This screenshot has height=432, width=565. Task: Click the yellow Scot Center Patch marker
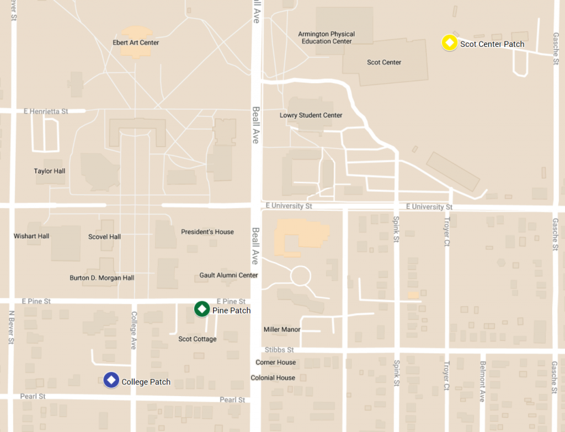click(x=450, y=43)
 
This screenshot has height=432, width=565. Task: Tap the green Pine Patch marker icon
click(x=202, y=309)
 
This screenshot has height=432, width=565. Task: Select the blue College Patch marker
click(x=111, y=380)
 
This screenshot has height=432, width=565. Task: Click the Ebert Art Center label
click(x=136, y=42)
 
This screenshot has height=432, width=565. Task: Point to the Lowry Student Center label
click(x=311, y=115)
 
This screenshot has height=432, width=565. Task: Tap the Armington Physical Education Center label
click(x=326, y=38)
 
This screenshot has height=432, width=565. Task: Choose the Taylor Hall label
click(x=50, y=171)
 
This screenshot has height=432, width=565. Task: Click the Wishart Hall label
click(x=31, y=236)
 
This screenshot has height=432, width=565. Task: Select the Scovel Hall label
click(x=104, y=237)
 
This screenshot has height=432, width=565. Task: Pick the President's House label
click(x=207, y=232)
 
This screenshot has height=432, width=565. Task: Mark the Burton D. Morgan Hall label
click(x=102, y=278)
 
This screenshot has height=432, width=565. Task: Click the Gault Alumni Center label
click(x=228, y=275)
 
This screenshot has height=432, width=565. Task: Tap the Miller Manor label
click(x=282, y=329)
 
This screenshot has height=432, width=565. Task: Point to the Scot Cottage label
click(x=198, y=339)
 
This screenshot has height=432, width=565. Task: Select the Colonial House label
click(x=273, y=378)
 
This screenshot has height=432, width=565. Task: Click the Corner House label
click(x=275, y=362)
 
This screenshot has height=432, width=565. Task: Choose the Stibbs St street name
click(x=279, y=350)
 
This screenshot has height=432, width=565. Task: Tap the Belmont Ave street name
click(x=482, y=381)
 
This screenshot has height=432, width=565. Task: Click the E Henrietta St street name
click(x=46, y=111)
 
